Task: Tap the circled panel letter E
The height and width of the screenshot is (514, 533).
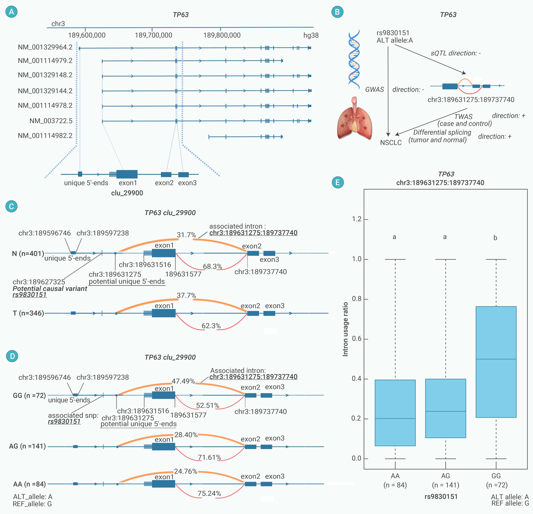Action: pos(338,182)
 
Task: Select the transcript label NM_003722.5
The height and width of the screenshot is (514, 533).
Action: pos(51,121)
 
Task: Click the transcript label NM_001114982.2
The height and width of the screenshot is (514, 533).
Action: pos(45,135)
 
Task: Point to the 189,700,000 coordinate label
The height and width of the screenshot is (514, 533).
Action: pos(153,35)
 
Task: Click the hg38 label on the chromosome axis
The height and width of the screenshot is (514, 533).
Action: pos(311,35)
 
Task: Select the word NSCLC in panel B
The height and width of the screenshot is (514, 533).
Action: pos(391,143)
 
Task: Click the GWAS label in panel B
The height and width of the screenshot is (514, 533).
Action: pos(374,89)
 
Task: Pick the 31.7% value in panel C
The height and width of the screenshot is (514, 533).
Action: pos(186,235)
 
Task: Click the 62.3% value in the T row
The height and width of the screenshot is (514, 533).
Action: pos(211,326)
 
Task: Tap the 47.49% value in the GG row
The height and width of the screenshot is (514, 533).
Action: pos(183,381)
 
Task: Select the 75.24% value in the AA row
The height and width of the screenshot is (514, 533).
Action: pos(209,493)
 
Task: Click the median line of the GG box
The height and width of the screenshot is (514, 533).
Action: pos(496,359)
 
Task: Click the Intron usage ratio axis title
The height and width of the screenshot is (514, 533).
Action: pos(345,329)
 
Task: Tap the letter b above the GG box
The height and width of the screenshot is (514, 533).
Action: pos(495,238)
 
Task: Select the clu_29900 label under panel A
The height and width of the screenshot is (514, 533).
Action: pos(127,193)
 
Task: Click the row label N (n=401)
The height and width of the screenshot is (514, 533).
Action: pos(28,253)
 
